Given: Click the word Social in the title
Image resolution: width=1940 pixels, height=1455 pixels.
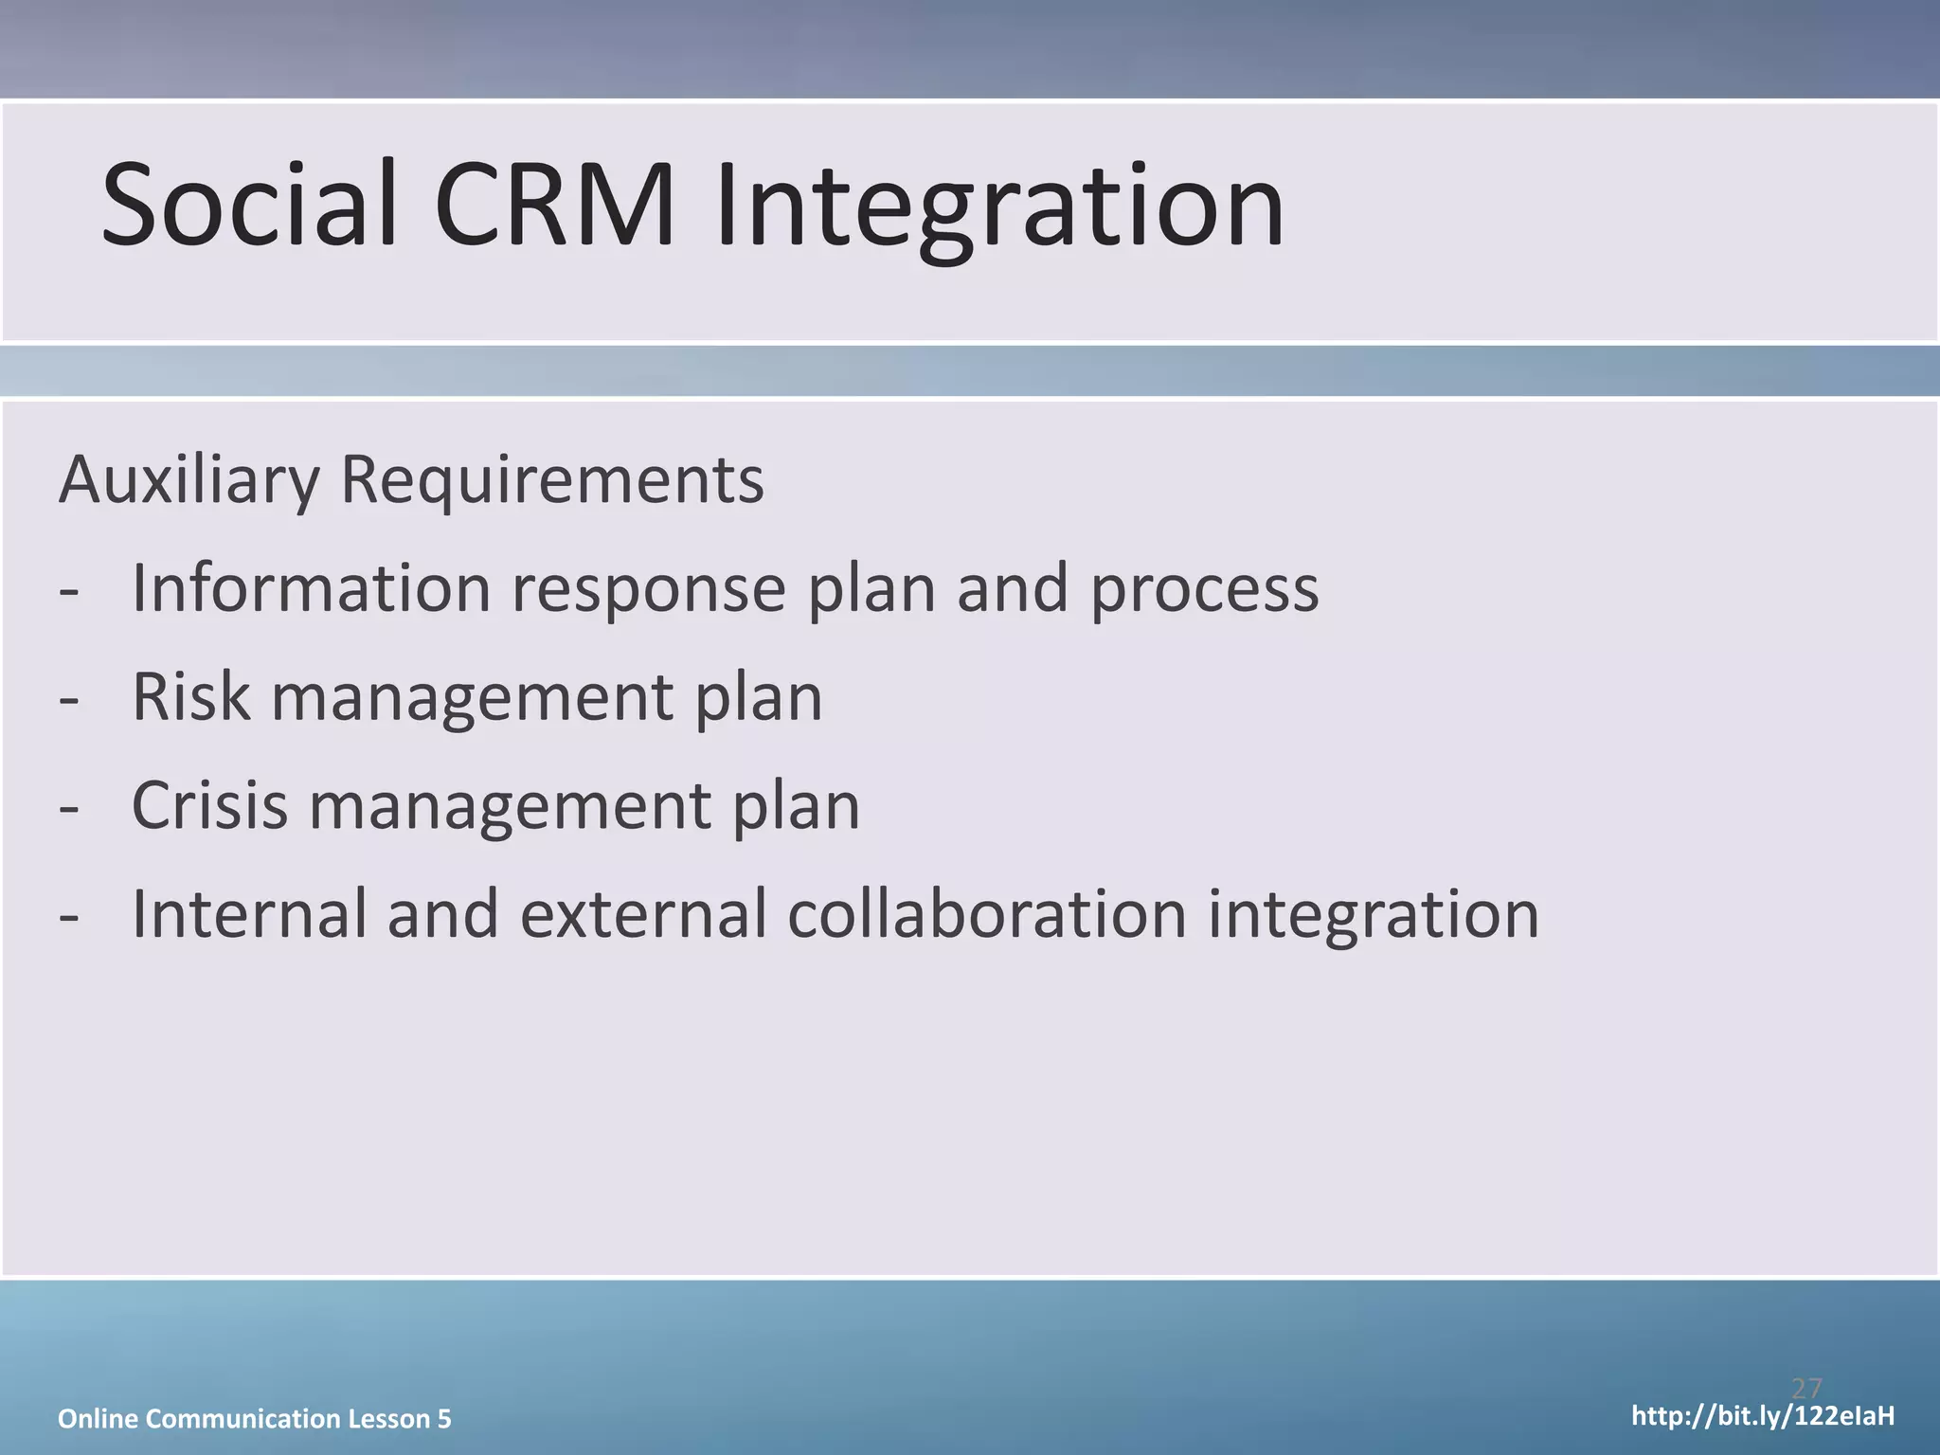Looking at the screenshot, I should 248,206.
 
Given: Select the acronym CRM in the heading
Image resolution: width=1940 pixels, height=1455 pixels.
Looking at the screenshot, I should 554,206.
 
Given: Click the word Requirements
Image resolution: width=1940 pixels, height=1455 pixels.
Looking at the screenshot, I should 551,481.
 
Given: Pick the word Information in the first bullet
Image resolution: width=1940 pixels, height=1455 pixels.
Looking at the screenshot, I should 311,588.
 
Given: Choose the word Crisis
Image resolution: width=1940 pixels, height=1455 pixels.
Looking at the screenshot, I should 209,806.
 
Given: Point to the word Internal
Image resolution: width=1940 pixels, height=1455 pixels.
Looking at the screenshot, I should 249,914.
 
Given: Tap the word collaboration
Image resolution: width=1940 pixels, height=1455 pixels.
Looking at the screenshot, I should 986,914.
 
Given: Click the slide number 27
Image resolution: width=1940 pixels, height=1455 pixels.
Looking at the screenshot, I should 1806,1389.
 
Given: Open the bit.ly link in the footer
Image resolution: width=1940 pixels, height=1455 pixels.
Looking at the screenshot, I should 1763,1416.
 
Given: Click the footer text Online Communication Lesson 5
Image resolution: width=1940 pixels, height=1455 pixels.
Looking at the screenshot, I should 255,1418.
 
